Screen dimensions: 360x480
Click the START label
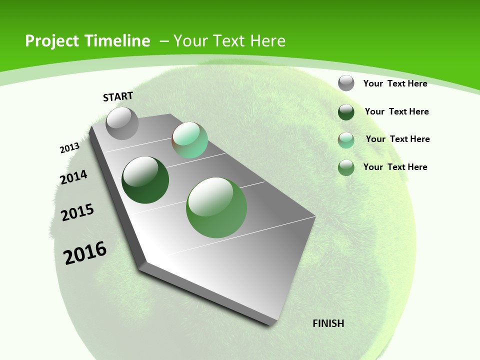[x=118, y=96]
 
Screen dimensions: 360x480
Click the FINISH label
[x=328, y=323]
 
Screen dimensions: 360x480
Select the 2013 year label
[x=69, y=148]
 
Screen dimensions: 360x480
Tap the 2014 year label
[x=73, y=177]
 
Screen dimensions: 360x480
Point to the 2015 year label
[x=77, y=212]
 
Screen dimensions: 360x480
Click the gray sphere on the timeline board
[x=122, y=123]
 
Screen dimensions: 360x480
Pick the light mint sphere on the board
[x=190, y=140]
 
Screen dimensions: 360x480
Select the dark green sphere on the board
[x=145, y=180]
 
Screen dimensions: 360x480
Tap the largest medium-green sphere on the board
[x=216, y=207]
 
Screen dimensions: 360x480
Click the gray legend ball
[x=346, y=83]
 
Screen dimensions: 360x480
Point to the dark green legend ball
[x=346, y=112]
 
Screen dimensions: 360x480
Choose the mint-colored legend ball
[x=346, y=140]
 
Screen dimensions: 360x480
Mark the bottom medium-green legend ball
[x=346, y=167]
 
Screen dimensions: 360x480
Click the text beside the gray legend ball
[x=395, y=83]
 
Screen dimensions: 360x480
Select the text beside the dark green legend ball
[x=396, y=111]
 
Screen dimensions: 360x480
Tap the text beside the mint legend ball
[x=397, y=139]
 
